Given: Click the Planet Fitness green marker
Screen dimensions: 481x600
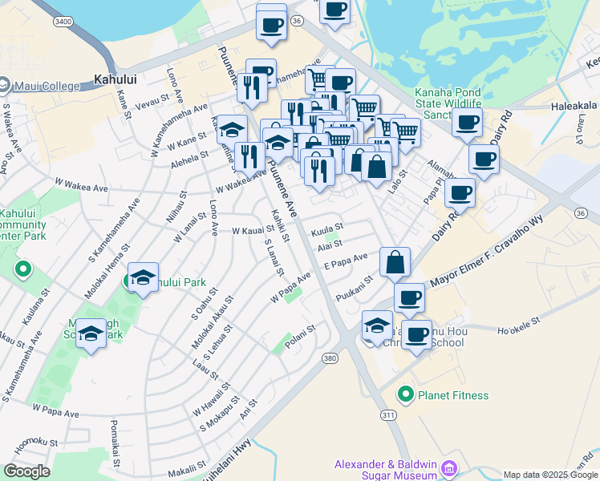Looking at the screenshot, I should click(407, 395).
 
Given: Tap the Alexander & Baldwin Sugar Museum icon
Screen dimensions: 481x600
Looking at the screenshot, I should click(448, 467).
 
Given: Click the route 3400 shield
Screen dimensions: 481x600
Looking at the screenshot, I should click(63, 22).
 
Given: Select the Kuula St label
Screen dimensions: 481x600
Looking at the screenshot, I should click(326, 228).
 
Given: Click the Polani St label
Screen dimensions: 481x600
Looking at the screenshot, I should click(299, 328).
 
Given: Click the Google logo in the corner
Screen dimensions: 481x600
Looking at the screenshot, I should click(26, 471).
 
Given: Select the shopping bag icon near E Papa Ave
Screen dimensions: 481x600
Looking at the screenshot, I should click(395, 262).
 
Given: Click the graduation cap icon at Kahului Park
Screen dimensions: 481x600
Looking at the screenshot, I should click(143, 278).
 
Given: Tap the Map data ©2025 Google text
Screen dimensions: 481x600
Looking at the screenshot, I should click(550, 475).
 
